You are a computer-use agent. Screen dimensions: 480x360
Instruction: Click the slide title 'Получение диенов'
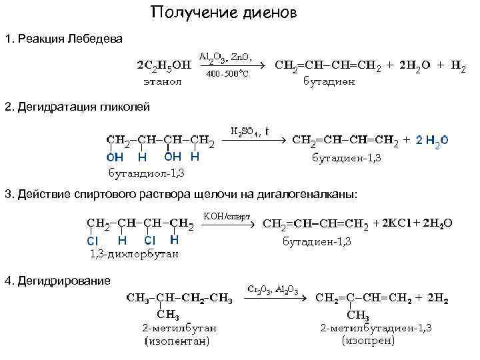point(223,13)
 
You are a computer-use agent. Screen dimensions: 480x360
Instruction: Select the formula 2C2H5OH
point(163,65)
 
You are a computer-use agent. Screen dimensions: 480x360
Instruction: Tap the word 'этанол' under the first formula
point(161,81)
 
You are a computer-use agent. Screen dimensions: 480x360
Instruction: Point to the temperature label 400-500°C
point(227,73)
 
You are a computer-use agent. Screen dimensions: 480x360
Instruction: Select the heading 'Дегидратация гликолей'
point(83,107)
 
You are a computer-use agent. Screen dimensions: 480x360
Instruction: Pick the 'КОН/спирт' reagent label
point(227,217)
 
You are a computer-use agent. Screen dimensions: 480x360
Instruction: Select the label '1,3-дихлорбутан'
point(134,253)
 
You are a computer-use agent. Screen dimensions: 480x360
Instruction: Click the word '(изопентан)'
point(177,341)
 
